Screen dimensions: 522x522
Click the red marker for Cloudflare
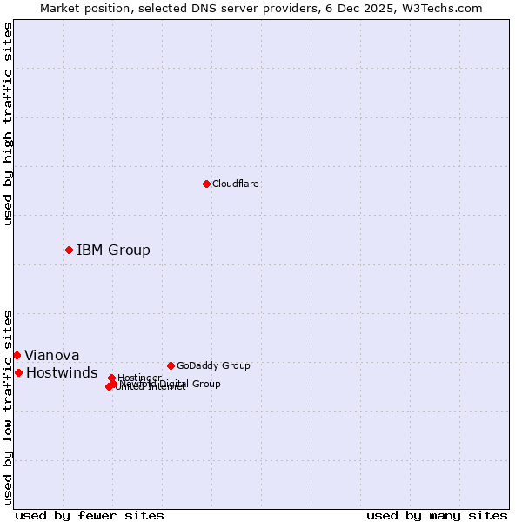click(206, 184)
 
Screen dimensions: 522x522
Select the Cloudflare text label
click(236, 184)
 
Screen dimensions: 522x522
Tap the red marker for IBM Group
click(69, 250)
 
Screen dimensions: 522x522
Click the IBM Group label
click(113, 251)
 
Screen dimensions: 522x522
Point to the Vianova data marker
click(17, 355)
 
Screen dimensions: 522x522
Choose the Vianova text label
click(51, 355)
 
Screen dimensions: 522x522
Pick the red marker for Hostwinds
click(18, 372)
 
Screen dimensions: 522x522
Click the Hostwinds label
click(62, 372)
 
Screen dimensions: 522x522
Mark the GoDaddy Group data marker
click(171, 365)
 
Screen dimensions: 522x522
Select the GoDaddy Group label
click(213, 365)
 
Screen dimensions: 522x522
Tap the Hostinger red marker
click(111, 378)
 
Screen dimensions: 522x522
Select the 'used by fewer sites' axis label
click(90, 515)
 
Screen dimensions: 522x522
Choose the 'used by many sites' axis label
click(437, 515)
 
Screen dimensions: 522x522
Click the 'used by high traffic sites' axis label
click(8, 124)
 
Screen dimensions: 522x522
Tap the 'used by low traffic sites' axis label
click(8, 406)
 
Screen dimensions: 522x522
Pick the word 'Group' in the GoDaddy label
click(236, 365)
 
